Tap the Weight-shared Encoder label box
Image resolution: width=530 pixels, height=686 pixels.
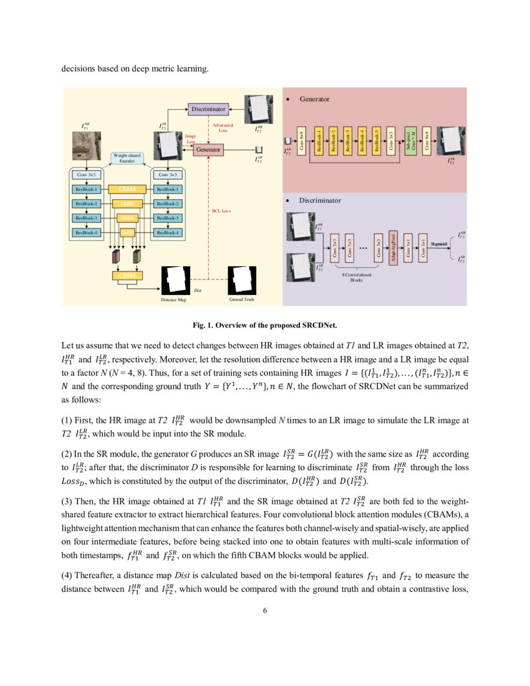point(128,158)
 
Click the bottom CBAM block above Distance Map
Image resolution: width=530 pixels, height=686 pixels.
point(127,276)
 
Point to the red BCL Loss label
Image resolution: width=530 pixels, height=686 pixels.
point(221,211)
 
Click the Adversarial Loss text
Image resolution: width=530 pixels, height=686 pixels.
point(223,128)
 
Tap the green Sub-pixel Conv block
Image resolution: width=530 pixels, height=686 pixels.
point(408,141)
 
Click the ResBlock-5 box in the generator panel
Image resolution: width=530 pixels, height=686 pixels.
point(376,141)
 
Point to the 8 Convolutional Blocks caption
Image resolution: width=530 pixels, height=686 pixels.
point(356,278)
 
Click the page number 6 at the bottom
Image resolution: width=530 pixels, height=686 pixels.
point(265,610)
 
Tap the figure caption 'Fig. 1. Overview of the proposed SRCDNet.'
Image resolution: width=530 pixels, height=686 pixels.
point(265,324)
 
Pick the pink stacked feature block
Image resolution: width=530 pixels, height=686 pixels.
point(116,256)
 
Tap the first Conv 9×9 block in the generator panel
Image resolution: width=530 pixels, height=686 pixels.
point(302,141)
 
